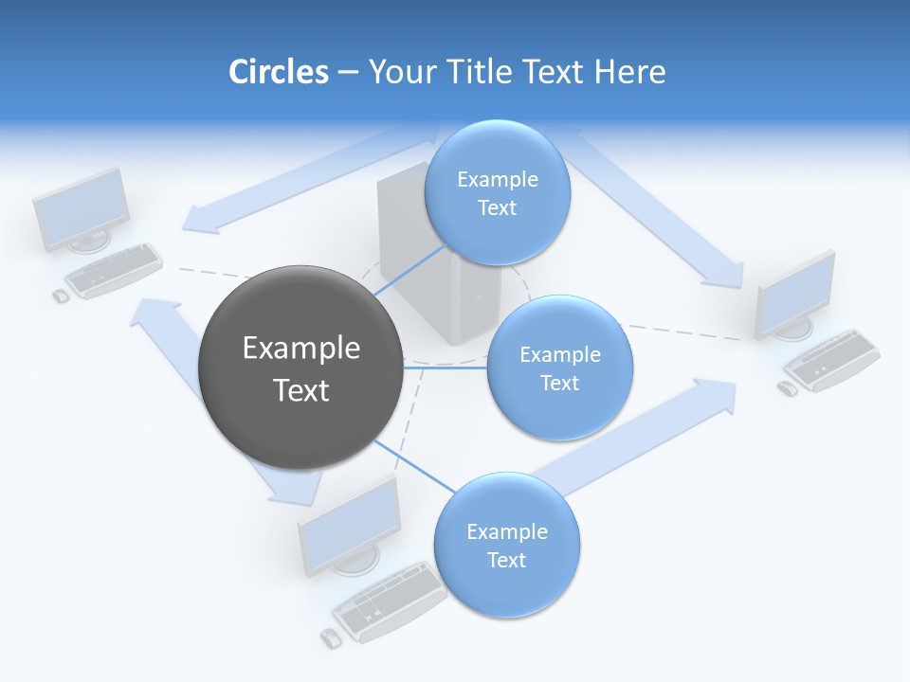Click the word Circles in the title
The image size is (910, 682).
pos(278,72)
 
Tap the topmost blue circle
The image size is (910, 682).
pos(497,193)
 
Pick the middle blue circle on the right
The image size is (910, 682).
pos(559,368)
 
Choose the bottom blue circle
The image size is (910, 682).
pos(506,546)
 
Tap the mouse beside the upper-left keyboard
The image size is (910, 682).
pos(61,296)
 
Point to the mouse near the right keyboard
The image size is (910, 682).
pos(787,387)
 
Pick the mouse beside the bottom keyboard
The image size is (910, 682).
pos(330,637)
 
